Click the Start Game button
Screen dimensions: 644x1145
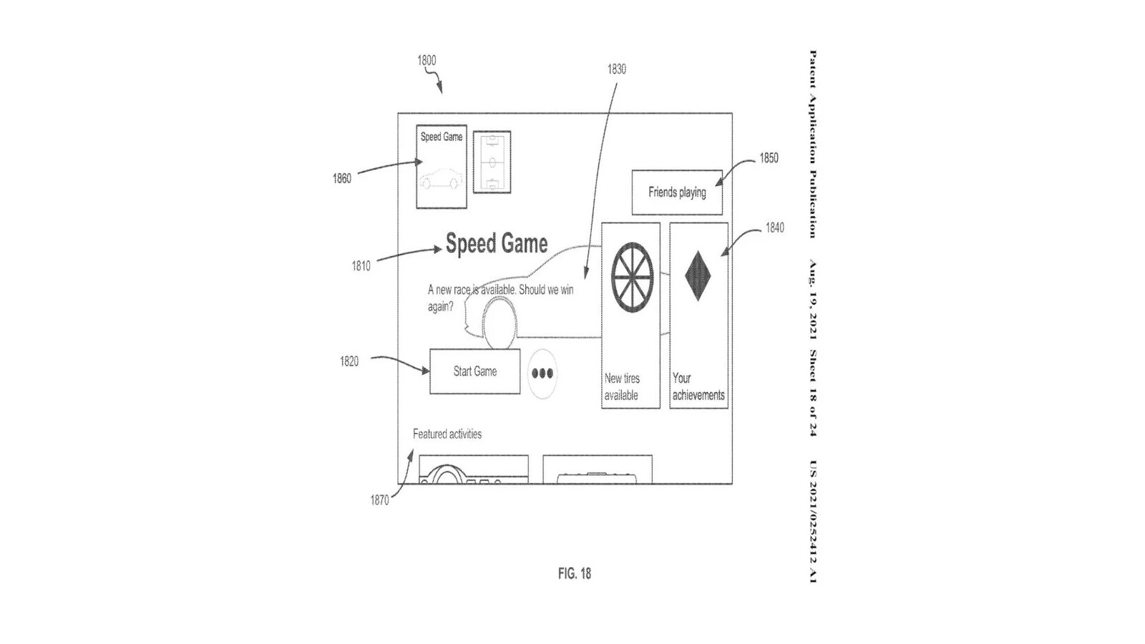tap(474, 371)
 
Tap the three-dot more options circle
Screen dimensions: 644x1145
tap(542, 374)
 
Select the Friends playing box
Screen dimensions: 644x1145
tap(677, 192)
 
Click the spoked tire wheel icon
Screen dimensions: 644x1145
tap(633, 277)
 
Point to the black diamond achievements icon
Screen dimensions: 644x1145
tap(698, 275)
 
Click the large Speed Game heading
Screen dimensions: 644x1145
tap(497, 244)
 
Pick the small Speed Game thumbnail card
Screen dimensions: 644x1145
tap(442, 167)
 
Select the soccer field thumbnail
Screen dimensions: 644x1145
tap(492, 162)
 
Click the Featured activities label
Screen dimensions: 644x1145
tap(447, 434)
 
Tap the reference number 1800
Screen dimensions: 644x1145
tap(427, 61)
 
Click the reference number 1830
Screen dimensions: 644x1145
tap(616, 69)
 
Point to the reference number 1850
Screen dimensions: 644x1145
tap(769, 158)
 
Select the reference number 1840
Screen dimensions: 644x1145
tap(774, 228)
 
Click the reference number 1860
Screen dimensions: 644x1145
tap(342, 179)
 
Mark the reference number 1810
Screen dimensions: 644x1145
tap(361, 266)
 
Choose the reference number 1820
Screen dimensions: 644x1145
tap(349, 362)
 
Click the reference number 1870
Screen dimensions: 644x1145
tap(379, 501)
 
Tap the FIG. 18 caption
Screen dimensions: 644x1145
tap(575, 574)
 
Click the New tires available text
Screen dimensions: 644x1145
tap(622, 387)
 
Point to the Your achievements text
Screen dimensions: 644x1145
tap(698, 386)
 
